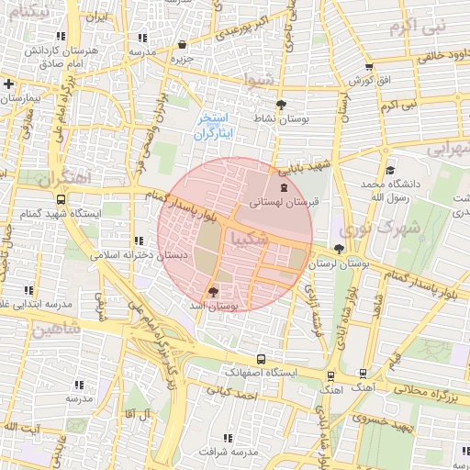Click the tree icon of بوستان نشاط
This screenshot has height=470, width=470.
click(280, 104)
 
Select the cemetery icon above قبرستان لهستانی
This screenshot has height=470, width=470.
click(283, 187)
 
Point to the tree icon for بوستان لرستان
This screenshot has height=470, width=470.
click(340, 249)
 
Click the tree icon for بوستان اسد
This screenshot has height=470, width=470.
click(214, 291)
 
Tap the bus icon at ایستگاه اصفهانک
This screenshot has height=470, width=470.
click(262, 359)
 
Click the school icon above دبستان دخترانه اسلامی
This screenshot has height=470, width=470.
click(139, 241)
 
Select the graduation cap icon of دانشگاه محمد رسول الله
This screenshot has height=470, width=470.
click(390, 170)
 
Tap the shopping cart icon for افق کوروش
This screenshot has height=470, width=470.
click(369, 66)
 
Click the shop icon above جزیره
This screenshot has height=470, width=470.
click(182, 43)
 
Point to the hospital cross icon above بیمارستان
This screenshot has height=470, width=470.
click(8, 84)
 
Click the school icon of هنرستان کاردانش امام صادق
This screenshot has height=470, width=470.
click(141, 38)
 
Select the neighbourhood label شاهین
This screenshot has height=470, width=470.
click(57, 328)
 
